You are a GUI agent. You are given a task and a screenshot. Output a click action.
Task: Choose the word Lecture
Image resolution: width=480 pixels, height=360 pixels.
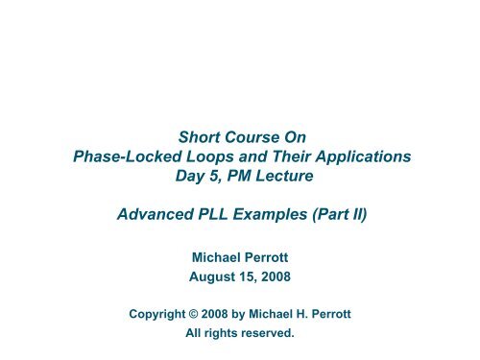click(x=288, y=177)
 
